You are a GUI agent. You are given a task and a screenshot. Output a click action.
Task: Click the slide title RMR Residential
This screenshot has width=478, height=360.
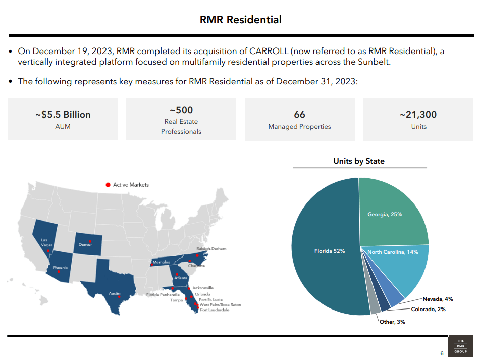pyautogui.click(x=241, y=20)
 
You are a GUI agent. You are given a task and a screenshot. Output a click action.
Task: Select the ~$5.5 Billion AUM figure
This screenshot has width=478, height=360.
pyautogui.click(x=63, y=115)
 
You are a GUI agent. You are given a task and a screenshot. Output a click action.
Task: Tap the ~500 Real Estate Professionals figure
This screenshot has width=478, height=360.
pyautogui.click(x=181, y=110)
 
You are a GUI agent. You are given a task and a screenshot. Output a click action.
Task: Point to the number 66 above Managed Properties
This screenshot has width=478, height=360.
pyautogui.click(x=299, y=115)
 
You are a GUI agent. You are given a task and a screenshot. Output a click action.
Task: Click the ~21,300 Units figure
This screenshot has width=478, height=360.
pyautogui.click(x=418, y=115)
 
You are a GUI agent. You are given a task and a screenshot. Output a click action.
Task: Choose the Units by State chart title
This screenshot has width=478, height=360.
pyautogui.click(x=359, y=161)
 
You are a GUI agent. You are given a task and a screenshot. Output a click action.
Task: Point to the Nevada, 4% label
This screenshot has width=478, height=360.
pyautogui.click(x=438, y=299)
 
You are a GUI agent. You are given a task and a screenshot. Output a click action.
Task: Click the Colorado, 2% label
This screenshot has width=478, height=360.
pyautogui.click(x=428, y=309)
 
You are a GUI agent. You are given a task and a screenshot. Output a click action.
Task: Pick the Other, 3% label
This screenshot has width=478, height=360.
pyautogui.click(x=392, y=322)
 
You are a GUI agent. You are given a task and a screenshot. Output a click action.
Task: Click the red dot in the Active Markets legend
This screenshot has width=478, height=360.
pyautogui.click(x=108, y=185)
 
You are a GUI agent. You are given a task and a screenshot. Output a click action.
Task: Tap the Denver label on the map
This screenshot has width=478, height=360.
pyautogui.click(x=85, y=245)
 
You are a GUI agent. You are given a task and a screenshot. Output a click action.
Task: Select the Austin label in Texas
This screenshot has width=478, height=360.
pyautogui.click(x=115, y=293)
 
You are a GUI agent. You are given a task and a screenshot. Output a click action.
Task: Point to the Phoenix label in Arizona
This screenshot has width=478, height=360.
pyautogui.click(x=61, y=267)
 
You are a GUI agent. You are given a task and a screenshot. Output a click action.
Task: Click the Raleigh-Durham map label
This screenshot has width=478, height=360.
pyautogui.click(x=211, y=249)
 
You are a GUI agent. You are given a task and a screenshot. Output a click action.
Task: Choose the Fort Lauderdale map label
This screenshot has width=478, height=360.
pyautogui.click(x=215, y=310)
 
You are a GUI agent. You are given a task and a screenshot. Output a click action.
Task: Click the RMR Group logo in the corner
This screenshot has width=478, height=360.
pyautogui.click(x=460, y=346)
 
